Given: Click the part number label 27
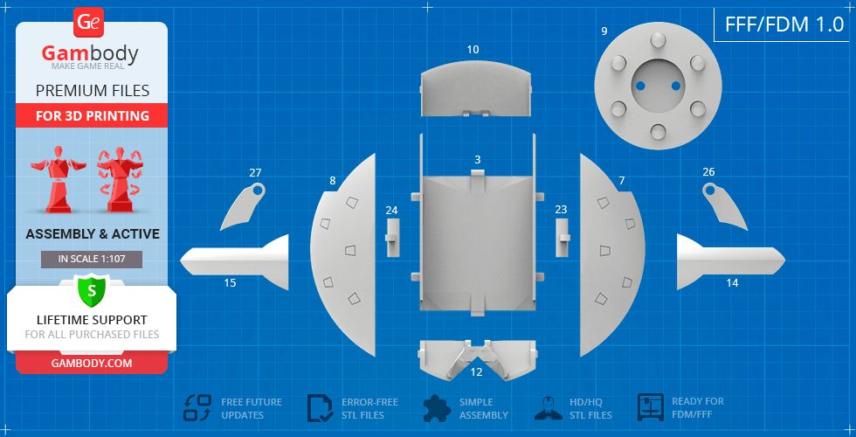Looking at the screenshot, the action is (255, 173).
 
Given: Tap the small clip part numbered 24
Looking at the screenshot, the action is (392, 238).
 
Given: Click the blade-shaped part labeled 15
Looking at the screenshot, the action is (234, 262).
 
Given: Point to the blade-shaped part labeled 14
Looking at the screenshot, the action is (731, 261).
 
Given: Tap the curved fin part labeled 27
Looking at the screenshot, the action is (240, 208).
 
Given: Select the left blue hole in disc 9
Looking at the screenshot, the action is (641, 86).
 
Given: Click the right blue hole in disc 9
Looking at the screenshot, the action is (675, 86).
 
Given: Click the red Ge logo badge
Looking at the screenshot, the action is (88, 23).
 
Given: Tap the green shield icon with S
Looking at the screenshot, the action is (92, 291).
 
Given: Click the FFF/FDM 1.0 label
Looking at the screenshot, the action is (784, 24).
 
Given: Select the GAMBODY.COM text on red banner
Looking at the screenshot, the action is (92, 364).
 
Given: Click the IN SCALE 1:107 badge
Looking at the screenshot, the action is (92, 260).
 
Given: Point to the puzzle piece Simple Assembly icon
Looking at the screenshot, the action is (437, 408).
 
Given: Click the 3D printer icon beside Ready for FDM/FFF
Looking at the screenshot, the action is (651, 407).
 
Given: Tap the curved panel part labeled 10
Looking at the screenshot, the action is (475, 90).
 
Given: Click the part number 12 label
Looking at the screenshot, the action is (477, 372).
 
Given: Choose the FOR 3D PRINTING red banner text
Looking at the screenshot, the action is (93, 115).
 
